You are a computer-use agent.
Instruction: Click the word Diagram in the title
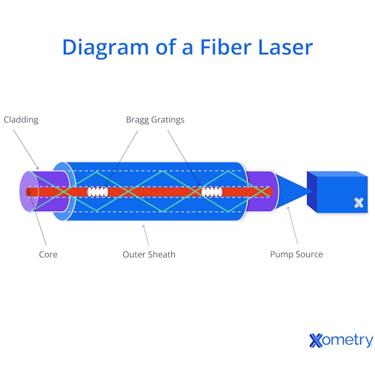[x=104, y=47]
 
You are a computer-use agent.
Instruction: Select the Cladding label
[x=21, y=119]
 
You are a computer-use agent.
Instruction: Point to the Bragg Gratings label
[x=155, y=119]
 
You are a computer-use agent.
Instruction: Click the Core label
[x=48, y=254]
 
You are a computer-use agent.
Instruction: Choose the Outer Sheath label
[x=149, y=254]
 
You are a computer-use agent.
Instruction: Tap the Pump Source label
[x=296, y=254]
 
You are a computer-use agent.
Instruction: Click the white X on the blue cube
[x=359, y=202]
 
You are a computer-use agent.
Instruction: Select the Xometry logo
[x=341, y=341]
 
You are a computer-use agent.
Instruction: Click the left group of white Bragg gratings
[x=97, y=192]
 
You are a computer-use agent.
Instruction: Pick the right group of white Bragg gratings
[x=212, y=192]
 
